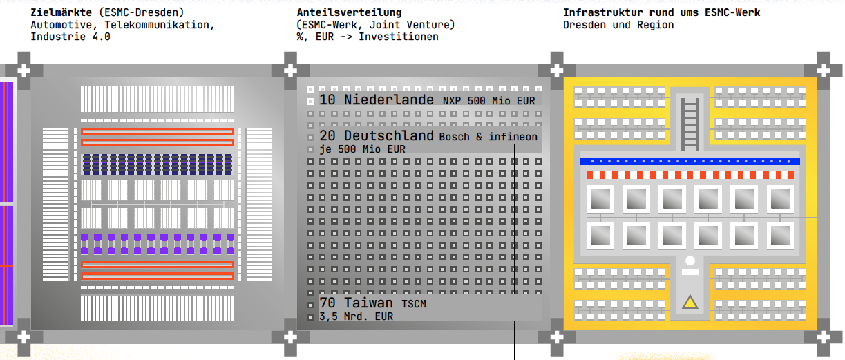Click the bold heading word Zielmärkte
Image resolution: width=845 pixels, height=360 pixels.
(x=61, y=12)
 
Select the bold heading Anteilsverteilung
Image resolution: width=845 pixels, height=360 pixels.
(x=350, y=12)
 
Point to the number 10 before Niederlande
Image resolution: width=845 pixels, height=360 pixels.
(x=327, y=100)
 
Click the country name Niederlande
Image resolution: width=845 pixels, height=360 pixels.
(x=388, y=100)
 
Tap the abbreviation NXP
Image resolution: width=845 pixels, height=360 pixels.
(x=452, y=101)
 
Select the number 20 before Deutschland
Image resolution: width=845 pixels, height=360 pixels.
(x=327, y=136)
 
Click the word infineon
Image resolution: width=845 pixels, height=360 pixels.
(x=513, y=137)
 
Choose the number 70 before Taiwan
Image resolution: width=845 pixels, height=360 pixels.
(x=327, y=303)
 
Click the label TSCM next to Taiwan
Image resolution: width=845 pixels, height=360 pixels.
(x=414, y=304)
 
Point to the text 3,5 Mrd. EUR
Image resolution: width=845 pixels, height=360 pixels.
(x=357, y=316)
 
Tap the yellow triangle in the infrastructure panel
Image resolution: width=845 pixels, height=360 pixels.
(x=690, y=303)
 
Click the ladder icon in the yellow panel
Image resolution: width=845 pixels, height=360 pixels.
(x=690, y=124)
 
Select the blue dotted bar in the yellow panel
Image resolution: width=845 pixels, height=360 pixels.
(x=690, y=162)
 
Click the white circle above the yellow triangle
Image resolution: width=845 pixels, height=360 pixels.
(x=690, y=260)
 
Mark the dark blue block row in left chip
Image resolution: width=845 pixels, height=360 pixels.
(x=158, y=164)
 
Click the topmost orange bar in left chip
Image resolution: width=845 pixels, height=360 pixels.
(x=158, y=131)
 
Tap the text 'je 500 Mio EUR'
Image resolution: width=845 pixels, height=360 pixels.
(x=363, y=149)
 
